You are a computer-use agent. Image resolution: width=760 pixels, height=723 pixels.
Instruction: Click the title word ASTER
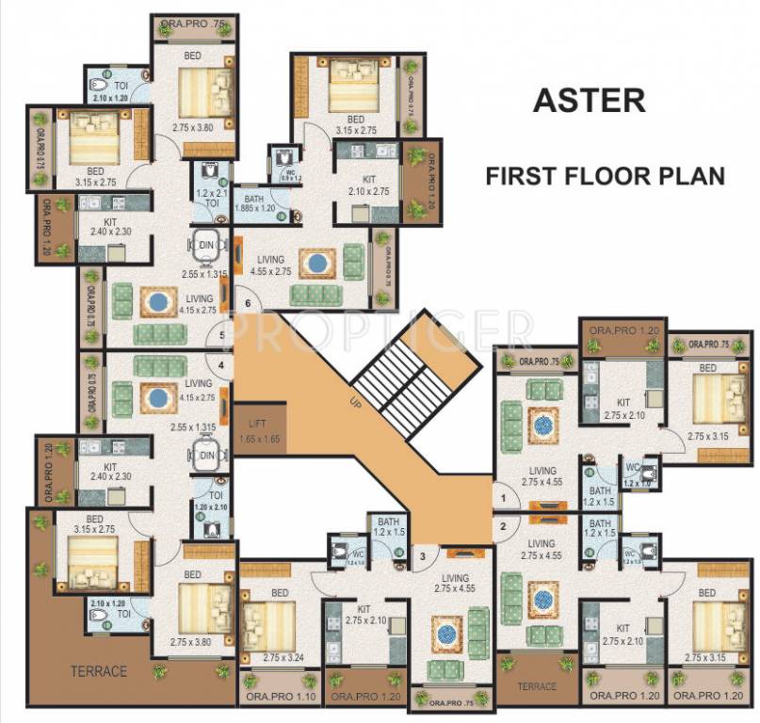590,99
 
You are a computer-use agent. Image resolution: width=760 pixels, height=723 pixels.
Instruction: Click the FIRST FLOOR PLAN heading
605,176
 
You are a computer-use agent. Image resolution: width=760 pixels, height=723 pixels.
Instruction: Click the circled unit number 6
248,303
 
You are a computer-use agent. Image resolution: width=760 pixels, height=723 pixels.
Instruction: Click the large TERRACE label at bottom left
98,671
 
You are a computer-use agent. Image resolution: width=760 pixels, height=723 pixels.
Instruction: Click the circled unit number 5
221,335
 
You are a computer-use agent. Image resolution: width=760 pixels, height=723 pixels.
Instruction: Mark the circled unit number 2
503,526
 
